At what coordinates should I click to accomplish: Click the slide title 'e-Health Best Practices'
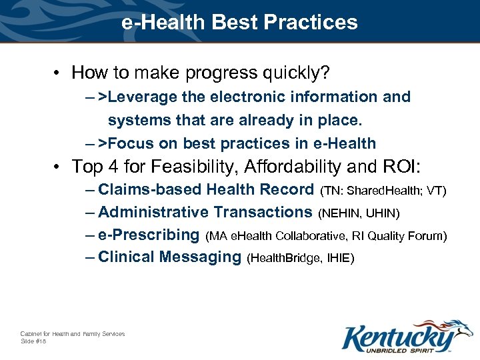point(239,22)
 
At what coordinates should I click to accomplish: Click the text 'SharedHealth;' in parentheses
point(382,191)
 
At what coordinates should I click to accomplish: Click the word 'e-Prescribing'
point(149,235)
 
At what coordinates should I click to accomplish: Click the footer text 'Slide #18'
point(33,341)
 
